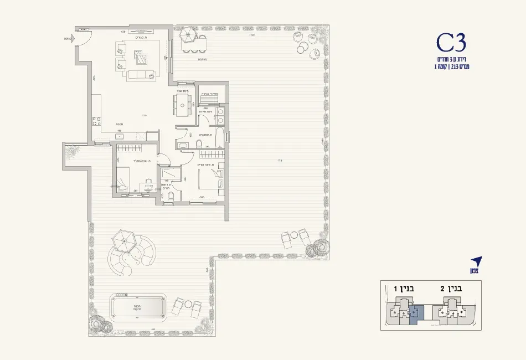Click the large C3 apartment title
pyautogui.click(x=451, y=43)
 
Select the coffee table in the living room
pyautogui.click(x=141, y=56)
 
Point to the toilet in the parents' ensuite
pyautogui.click(x=170, y=198)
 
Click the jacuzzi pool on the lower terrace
pyautogui.click(x=138, y=306)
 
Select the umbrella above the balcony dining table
pyautogui.click(x=187, y=34)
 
